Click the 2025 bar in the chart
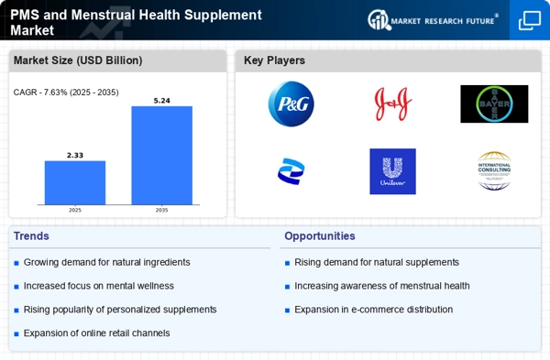point(75,182)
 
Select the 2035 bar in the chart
point(161,155)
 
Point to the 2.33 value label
point(75,155)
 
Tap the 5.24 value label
point(161,100)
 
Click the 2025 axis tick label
point(75,210)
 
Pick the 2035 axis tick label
point(161,210)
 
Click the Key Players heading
point(274,61)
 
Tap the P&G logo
point(291,104)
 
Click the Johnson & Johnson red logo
point(392,104)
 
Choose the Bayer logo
point(494,104)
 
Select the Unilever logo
point(392,170)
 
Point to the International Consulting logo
point(494,170)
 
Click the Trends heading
point(32,236)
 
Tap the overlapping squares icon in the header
point(530,20)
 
